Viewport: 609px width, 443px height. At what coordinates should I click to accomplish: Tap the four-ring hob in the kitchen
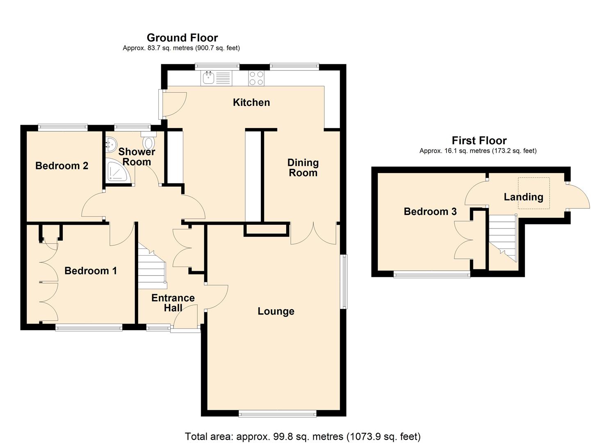point(256,78)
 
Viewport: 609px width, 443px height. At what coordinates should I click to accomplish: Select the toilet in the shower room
point(148,142)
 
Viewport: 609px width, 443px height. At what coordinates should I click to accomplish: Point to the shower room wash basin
point(110,144)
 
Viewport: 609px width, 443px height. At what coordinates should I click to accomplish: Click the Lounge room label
point(276,311)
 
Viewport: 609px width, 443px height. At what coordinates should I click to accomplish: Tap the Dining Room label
point(303,168)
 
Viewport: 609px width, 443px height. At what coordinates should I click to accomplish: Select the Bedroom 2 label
point(62,166)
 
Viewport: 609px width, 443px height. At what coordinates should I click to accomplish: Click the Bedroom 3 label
point(430,212)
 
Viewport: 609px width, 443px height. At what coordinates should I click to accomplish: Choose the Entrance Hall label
point(173,303)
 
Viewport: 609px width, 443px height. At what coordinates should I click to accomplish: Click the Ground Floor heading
point(182,38)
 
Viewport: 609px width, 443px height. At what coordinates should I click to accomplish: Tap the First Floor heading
point(479,141)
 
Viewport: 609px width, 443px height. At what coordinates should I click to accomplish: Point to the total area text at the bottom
point(303,436)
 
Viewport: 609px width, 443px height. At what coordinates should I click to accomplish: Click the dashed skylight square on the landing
point(533,193)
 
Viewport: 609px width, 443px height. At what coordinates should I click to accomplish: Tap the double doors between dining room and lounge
point(313,234)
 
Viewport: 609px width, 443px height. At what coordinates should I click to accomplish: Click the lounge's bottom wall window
point(278,414)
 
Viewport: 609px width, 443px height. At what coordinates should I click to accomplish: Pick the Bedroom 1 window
point(89,327)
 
